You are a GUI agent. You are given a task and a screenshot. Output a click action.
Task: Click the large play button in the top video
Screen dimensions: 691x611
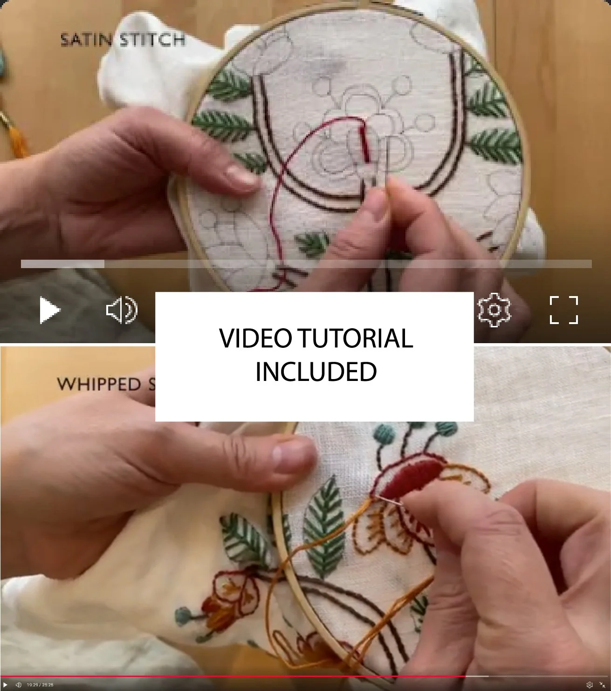pyautogui.click(x=49, y=310)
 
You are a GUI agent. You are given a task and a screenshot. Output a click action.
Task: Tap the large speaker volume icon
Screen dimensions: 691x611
pyautogui.click(x=121, y=310)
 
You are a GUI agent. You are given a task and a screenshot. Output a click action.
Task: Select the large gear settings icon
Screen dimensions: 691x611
pyautogui.click(x=494, y=310)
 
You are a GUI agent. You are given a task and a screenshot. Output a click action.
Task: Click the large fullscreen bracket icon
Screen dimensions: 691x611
pyautogui.click(x=564, y=310)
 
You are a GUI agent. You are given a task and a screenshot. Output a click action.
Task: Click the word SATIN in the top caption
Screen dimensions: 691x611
pyautogui.click(x=86, y=40)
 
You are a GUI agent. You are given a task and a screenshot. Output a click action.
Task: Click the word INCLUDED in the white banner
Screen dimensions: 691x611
pyautogui.click(x=316, y=372)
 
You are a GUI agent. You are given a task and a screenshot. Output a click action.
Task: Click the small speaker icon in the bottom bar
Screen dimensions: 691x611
pyautogui.click(x=19, y=685)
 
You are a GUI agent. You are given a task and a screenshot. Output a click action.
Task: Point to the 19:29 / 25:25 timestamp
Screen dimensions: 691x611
pyautogui.click(x=40, y=685)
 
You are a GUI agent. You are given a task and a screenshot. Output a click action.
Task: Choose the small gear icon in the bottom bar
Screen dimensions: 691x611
pyautogui.click(x=590, y=685)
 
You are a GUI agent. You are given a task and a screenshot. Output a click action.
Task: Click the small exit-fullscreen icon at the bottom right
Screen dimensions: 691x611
pyautogui.click(x=602, y=685)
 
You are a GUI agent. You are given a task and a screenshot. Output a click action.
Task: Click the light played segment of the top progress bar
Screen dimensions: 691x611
pyautogui.click(x=62, y=264)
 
